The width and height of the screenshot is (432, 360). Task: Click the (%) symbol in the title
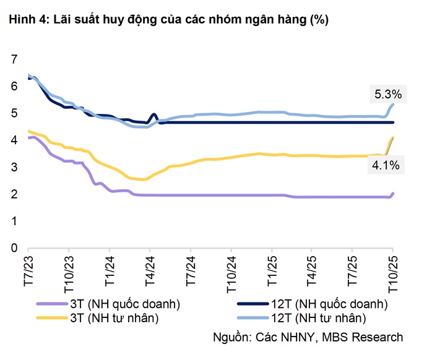pyautogui.click(x=319, y=20)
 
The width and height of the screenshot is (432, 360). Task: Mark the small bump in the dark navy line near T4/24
pyautogui.click(x=153, y=115)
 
